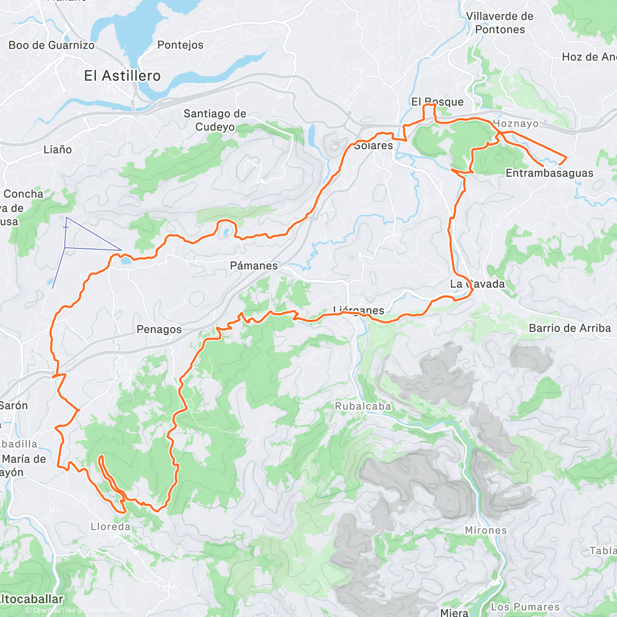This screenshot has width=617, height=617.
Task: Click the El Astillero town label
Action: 122,76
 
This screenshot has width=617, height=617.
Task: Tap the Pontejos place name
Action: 180,45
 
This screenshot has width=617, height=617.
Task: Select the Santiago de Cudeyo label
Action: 215,120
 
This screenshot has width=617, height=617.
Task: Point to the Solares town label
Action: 374,146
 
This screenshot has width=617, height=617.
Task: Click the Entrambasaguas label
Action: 549,173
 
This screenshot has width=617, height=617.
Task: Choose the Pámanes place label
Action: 254,266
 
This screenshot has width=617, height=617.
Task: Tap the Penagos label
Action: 159,330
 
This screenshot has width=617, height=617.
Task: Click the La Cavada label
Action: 478,284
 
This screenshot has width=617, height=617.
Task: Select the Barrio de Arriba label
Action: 570,328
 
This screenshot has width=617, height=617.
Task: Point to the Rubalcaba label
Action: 363,406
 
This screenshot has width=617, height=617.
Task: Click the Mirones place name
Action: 486,530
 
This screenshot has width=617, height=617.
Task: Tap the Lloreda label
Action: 111,527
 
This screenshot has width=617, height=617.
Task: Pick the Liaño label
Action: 58,150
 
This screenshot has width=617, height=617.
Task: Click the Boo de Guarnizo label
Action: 51,45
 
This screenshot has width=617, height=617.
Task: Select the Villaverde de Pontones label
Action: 500,23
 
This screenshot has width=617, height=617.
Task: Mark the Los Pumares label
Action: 525,607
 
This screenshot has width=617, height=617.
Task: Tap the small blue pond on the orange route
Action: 125,261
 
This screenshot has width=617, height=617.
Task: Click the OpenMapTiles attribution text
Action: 54,610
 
